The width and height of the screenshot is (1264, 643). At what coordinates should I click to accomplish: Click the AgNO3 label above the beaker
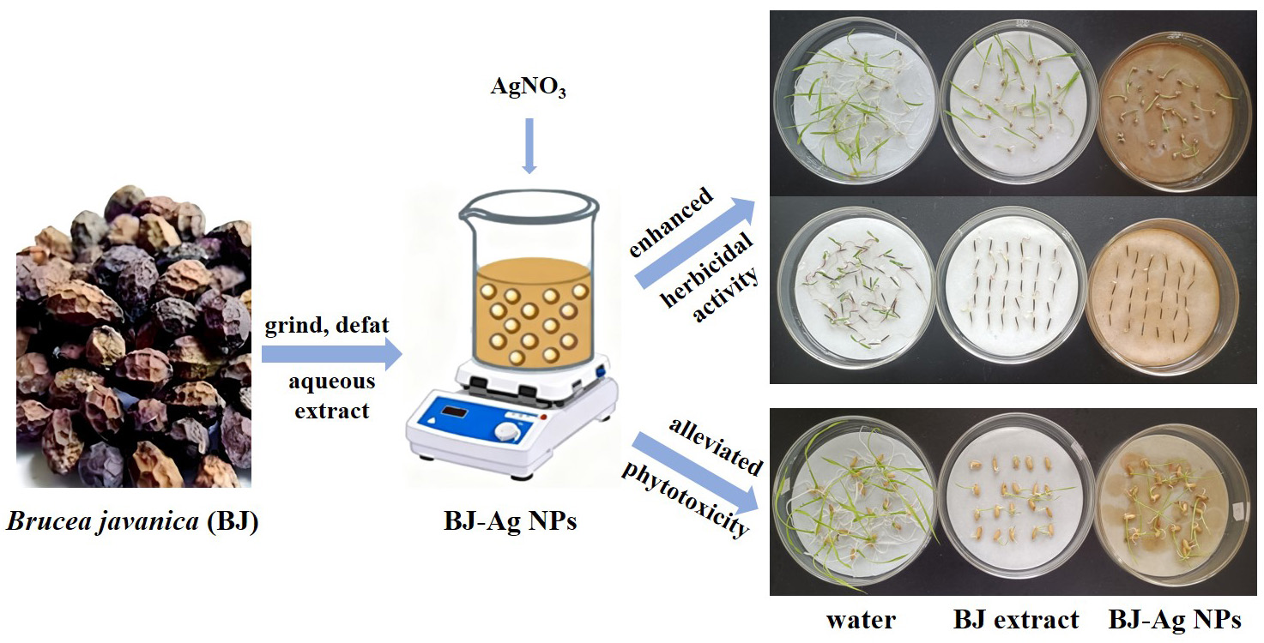tap(529, 87)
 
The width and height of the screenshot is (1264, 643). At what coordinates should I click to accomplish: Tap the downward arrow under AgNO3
tap(529, 146)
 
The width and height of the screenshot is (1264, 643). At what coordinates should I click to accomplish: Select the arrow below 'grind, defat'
tap(331, 352)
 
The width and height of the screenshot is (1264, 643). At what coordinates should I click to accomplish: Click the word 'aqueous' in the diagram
tap(332, 381)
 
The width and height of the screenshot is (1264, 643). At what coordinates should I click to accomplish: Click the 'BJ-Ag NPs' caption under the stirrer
tap(510, 522)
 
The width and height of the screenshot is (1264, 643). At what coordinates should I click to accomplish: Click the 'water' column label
tap(862, 619)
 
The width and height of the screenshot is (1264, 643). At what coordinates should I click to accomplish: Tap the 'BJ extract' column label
tap(1016, 619)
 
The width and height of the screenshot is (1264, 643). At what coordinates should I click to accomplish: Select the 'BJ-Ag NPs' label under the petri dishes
tap(1174, 619)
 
